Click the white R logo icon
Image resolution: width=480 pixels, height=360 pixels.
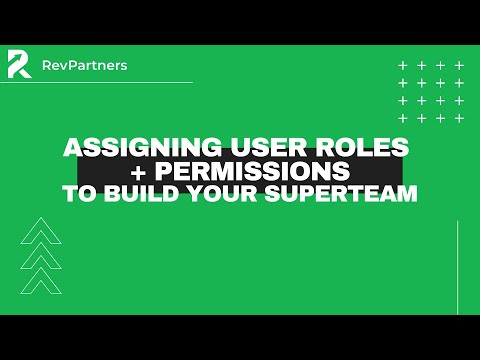pyautogui.click(x=19, y=63)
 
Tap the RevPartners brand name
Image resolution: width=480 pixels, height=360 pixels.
pyautogui.click(x=84, y=66)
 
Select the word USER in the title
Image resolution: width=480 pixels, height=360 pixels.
pyautogui.click(x=231, y=147)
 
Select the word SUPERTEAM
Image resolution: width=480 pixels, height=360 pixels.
pyautogui.click(x=347, y=194)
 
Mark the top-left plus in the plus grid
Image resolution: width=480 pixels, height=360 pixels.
pyautogui.click(x=403, y=65)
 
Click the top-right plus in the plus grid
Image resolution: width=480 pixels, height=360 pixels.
pyautogui.click(x=459, y=65)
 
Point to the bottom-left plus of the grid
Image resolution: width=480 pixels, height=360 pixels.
pyautogui.click(x=403, y=119)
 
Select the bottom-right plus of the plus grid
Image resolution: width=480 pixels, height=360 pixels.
pyautogui.click(x=459, y=119)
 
